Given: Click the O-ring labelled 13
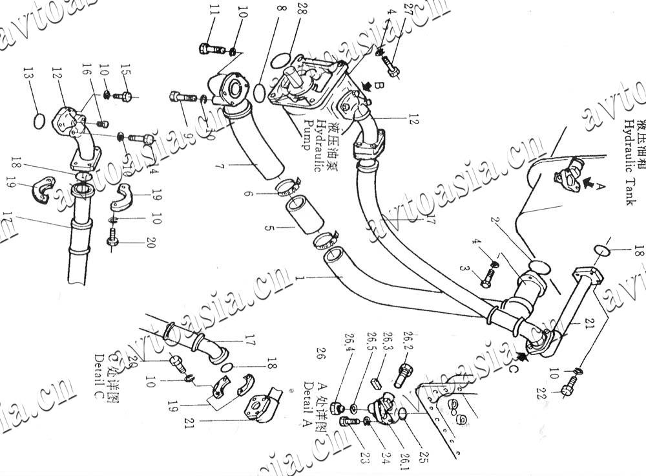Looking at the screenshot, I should click(39, 121).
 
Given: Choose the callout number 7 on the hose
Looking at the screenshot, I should click(218, 166).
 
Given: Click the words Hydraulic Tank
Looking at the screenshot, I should click(630, 162).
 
